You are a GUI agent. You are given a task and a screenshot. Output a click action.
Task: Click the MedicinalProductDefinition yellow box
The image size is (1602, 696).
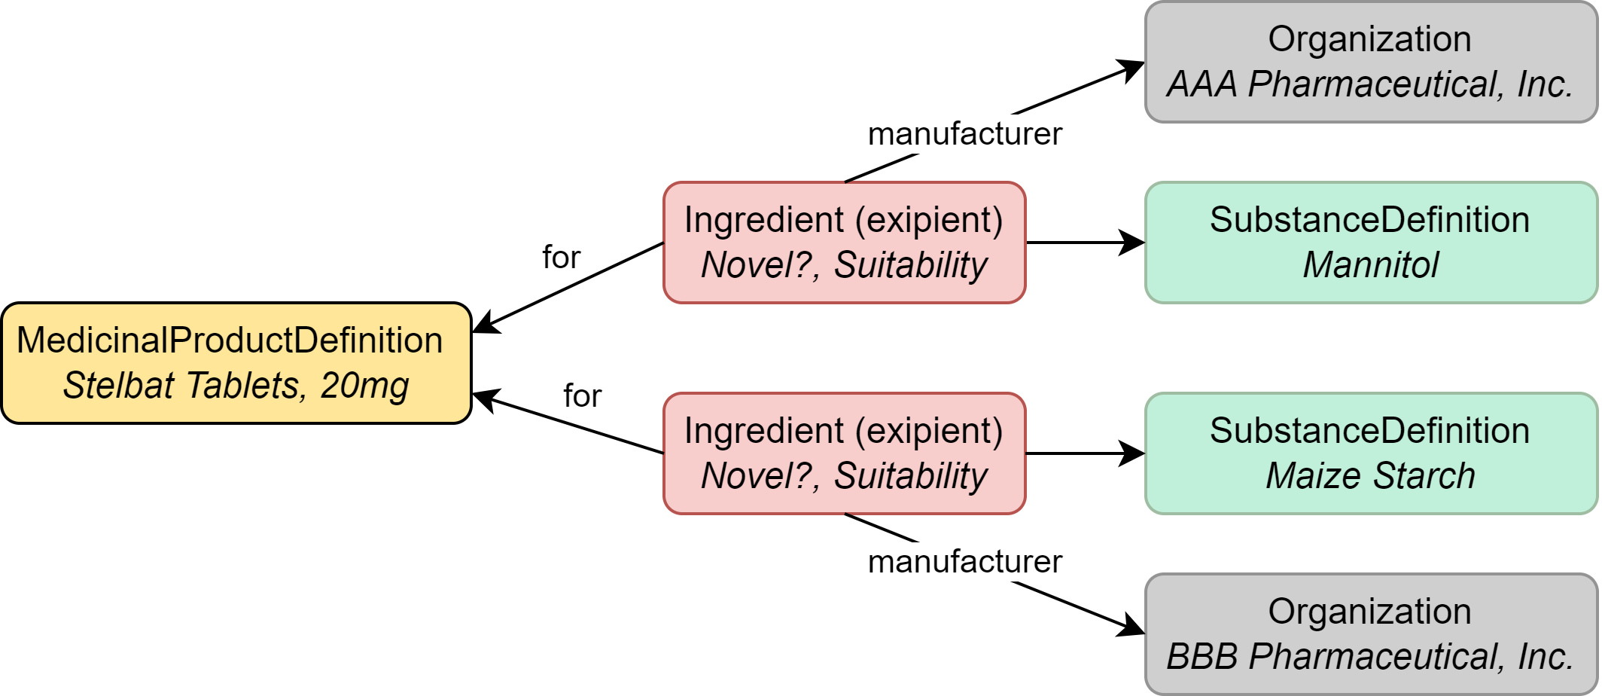pos(236,362)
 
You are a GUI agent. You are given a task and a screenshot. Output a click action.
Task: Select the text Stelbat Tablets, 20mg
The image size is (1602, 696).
pos(236,386)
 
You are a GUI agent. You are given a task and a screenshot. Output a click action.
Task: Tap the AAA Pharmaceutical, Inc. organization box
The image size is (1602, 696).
pos(1370,62)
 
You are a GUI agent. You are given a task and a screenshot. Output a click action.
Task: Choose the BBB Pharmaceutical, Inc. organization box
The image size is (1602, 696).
pos(1370,634)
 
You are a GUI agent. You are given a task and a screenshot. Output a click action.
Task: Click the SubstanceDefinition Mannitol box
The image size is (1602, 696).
pos(1370,243)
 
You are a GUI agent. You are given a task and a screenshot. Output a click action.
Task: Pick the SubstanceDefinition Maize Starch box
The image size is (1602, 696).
pos(1370,453)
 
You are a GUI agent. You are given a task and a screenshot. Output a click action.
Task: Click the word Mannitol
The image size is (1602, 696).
pos(1370,265)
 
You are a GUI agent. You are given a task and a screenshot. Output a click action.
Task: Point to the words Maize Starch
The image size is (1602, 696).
pos(1370,476)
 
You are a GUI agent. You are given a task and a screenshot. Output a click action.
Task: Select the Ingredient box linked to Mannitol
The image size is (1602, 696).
pos(844,243)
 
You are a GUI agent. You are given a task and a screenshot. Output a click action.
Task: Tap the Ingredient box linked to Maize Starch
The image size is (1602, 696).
pos(844,453)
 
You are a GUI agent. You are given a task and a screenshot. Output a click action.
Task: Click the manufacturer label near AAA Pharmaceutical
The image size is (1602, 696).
pos(964,134)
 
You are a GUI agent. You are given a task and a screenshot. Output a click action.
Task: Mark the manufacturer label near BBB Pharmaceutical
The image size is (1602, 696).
pos(964,562)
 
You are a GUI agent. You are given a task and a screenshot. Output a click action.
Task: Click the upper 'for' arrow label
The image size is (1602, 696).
pos(561,258)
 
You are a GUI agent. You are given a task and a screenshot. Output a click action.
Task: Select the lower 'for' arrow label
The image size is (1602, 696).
pos(582,396)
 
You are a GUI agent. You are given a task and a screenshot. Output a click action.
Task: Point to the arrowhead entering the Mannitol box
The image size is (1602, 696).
pos(1132,243)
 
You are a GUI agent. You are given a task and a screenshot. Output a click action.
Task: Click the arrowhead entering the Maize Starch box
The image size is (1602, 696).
pos(1132,453)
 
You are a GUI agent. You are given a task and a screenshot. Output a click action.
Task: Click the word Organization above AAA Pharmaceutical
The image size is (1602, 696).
pos(1369,39)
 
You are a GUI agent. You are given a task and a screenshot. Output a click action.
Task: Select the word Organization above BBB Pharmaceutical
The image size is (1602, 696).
pos(1369,612)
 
